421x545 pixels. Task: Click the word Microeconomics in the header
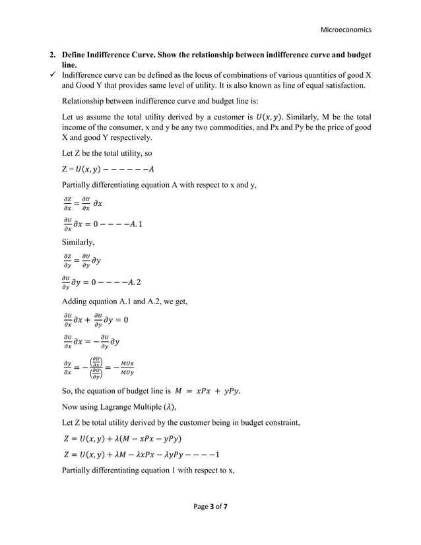point(345,30)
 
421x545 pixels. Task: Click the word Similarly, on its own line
point(81,242)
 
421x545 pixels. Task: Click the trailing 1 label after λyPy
point(218,455)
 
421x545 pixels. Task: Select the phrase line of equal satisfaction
point(317,86)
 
